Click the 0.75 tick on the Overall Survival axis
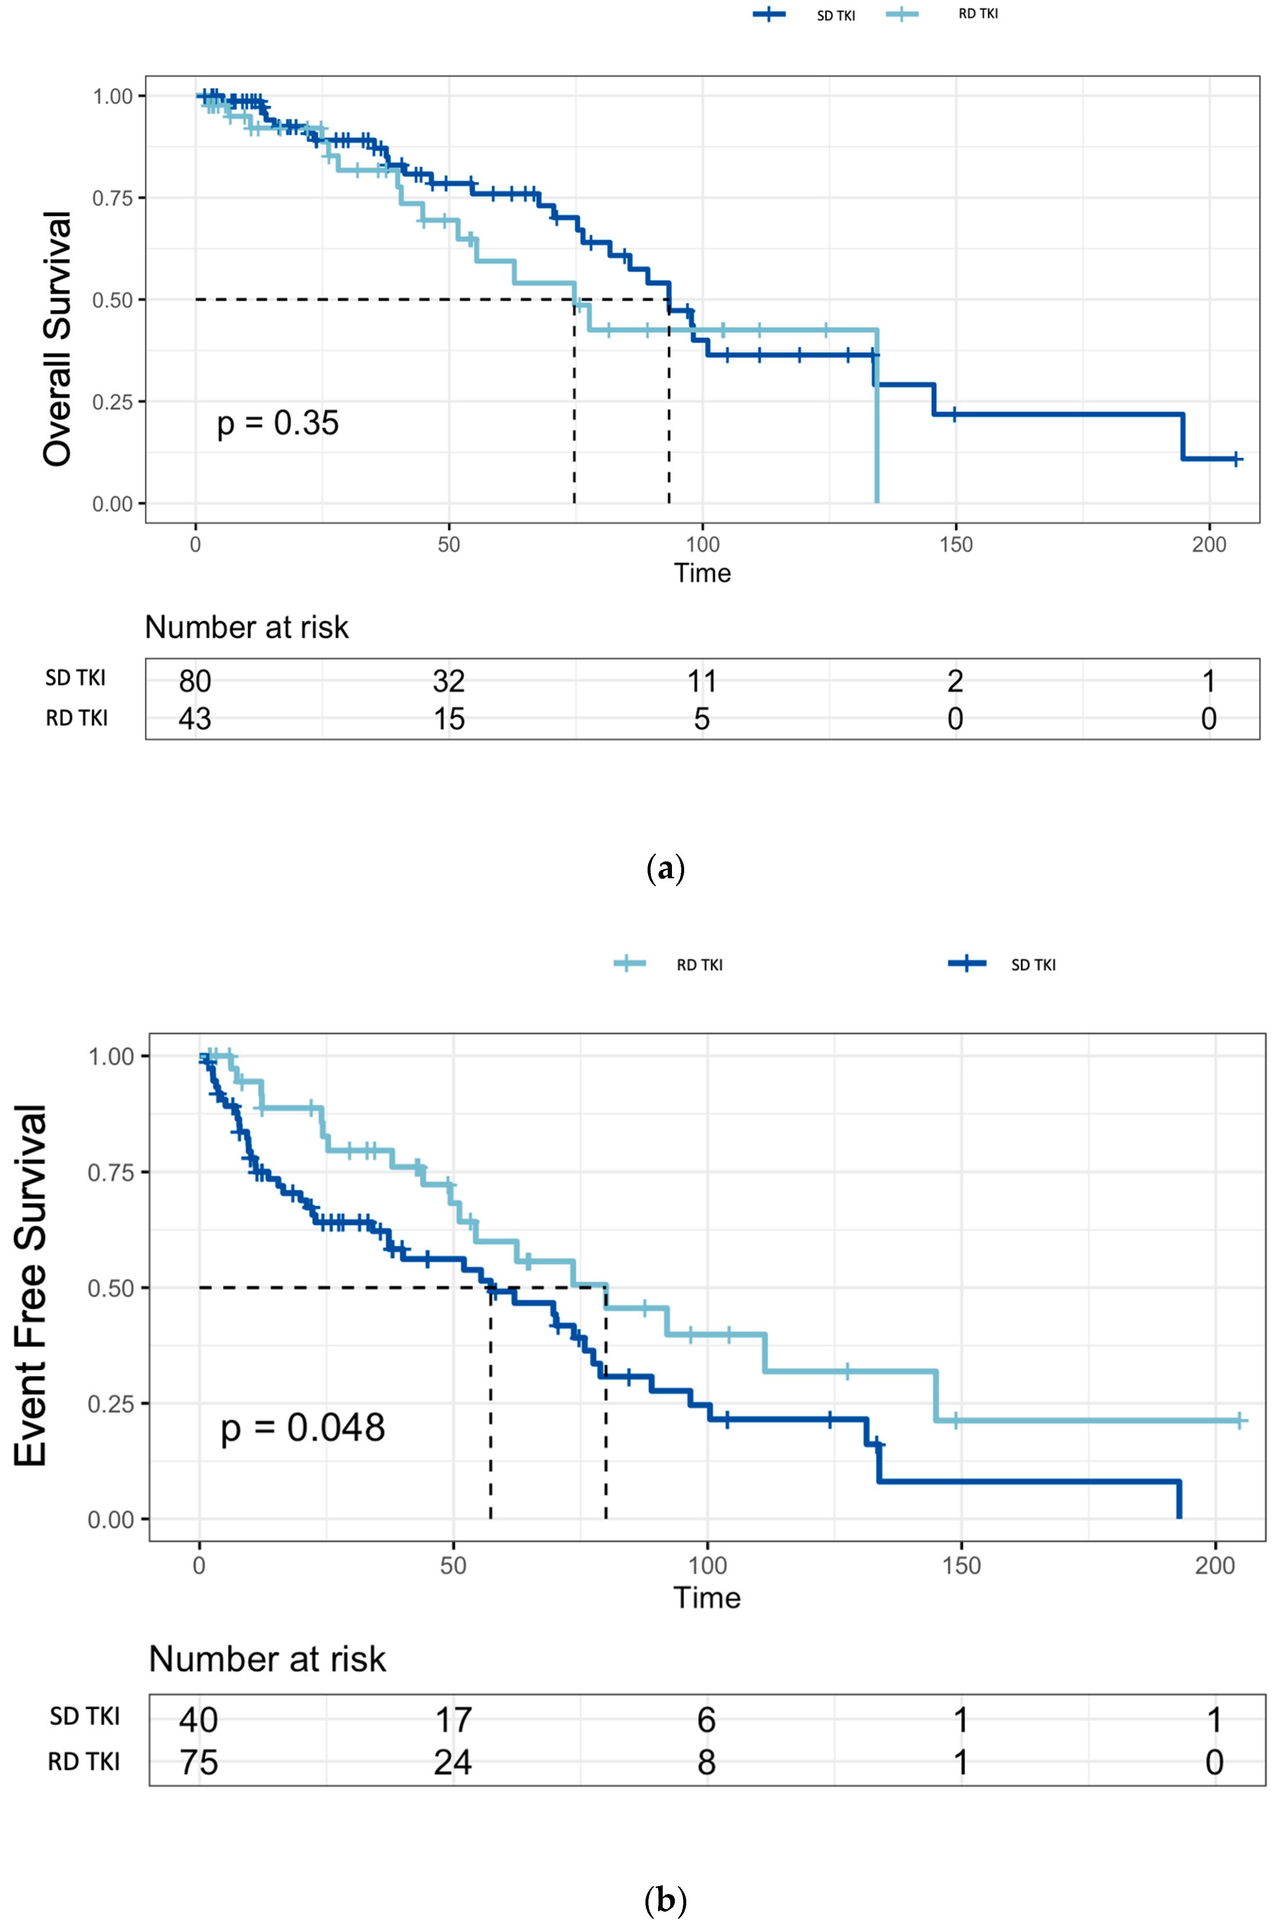pyautogui.click(x=113, y=198)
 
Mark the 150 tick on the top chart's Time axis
pyautogui.click(x=955, y=544)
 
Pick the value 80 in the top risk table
pyautogui.click(x=195, y=681)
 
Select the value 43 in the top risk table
pyautogui.click(x=195, y=718)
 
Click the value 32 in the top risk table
pyautogui.click(x=449, y=681)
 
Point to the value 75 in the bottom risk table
pyautogui.click(x=198, y=1762)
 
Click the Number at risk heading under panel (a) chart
pyautogui.click(x=246, y=627)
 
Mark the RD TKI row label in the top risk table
pyautogui.click(x=77, y=718)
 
